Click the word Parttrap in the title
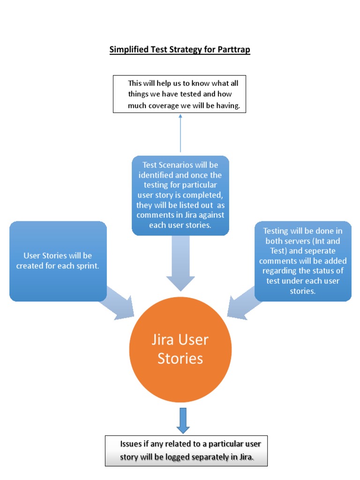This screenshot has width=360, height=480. [x=233, y=50]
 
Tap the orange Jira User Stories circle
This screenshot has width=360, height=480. [x=180, y=349]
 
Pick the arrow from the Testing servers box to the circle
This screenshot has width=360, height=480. [x=244, y=305]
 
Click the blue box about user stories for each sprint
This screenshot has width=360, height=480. [x=58, y=261]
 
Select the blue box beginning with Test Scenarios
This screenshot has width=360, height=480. [x=180, y=195]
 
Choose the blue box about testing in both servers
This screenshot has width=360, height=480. [x=303, y=261]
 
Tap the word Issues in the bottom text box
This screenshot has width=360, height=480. [x=131, y=444]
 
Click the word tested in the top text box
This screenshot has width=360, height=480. [x=191, y=94]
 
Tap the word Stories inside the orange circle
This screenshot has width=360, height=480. [x=180, y=359]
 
